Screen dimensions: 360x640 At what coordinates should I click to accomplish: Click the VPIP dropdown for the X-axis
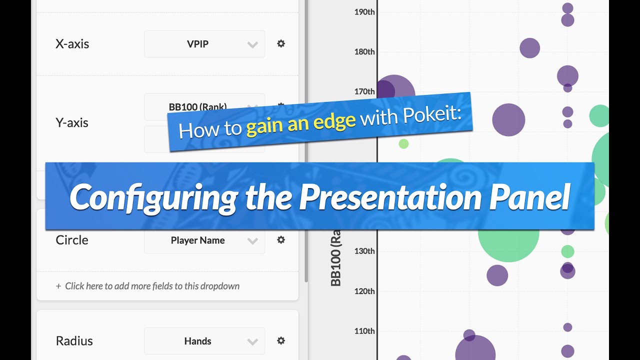[x=204, y=44]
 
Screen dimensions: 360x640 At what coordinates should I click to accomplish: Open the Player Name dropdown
[x=204, y=240]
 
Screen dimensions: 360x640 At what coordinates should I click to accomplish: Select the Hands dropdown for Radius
[x=204, y=341]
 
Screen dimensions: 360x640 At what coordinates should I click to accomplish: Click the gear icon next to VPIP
[x=281, y=43]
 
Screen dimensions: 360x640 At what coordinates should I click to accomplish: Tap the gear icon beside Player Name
[x=281, y=240]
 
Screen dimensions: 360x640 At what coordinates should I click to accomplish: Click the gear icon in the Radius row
[x=281, y=340]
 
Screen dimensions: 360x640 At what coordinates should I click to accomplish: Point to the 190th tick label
[x=364, y=11]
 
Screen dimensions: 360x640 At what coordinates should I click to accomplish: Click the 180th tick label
[x=364, y=51]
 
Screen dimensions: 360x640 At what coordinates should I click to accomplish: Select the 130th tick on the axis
[x=364, y=251]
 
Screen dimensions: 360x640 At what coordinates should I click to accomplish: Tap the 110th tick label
[x=364, y=331]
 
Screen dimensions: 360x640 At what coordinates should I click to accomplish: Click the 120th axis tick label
[x=364, y=291]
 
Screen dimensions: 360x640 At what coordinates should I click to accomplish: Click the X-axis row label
[x=72, y=44]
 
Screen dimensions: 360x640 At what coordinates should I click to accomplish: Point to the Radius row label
[x=74, y=341]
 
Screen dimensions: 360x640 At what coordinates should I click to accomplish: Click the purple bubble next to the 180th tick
[x=529, y=48]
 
